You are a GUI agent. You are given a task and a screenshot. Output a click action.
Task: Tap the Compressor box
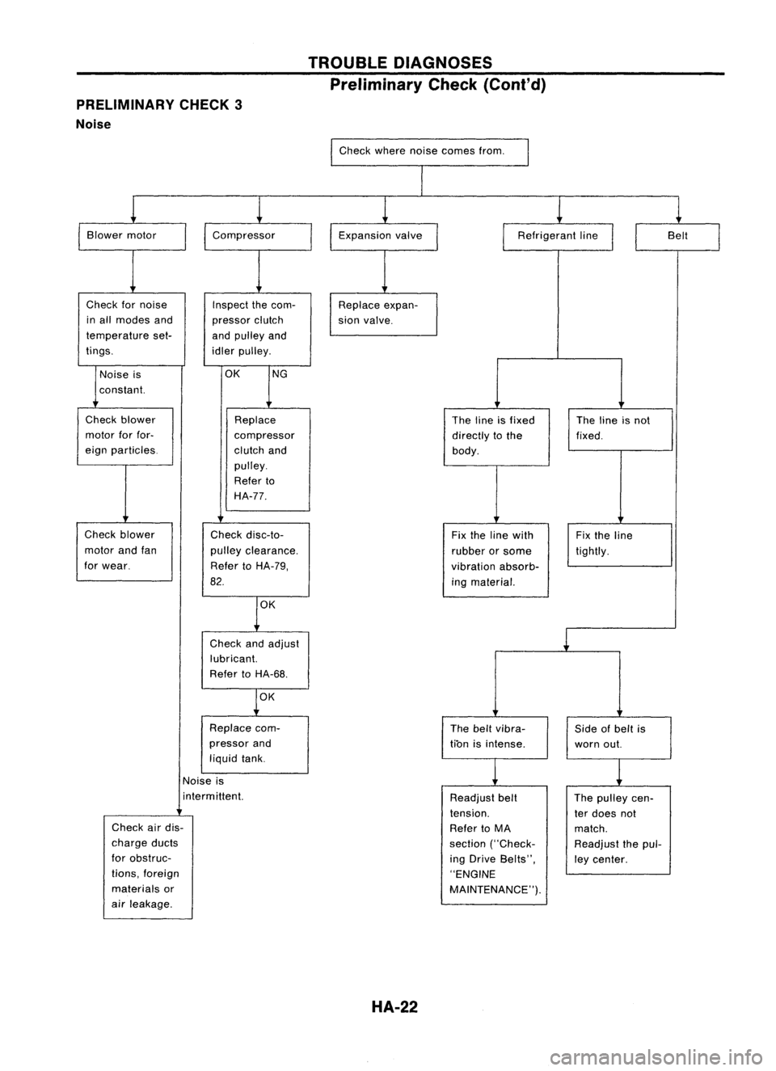[x=258, y=236]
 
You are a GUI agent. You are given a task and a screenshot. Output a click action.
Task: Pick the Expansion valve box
[x=384, y=236]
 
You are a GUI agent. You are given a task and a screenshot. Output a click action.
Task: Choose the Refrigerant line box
[x=558, y=236]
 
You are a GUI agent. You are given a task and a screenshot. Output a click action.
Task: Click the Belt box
[x=677, y=236]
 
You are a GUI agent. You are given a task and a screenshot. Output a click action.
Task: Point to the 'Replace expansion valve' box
[x=384, y=313]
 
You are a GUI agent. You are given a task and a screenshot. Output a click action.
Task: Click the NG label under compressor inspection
[x=280, y=374]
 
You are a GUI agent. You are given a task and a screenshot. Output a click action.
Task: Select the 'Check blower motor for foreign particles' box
[x=124, y=436]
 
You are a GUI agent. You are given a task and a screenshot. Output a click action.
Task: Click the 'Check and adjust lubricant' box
[x=255, y=659]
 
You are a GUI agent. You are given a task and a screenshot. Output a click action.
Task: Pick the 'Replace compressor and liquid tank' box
[x=255, y=744]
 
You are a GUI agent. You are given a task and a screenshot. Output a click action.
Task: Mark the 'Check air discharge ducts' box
[x=147, y=866]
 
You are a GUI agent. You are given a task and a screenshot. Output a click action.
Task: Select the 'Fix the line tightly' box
[x=619, y=543]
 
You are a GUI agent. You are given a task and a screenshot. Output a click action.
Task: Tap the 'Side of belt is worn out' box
[x=619, y=736]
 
